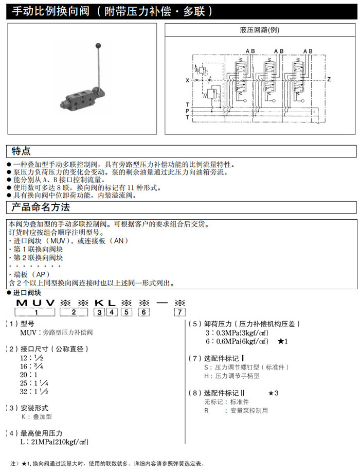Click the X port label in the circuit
coord(187,80)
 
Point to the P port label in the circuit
coord(187,111)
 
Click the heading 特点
coord(21,151)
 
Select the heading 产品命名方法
coord(40,207)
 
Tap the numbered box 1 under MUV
coord(35,311)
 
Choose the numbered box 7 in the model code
coord(179,311)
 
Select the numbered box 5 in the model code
coord(126,311)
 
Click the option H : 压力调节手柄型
coord(231,376)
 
